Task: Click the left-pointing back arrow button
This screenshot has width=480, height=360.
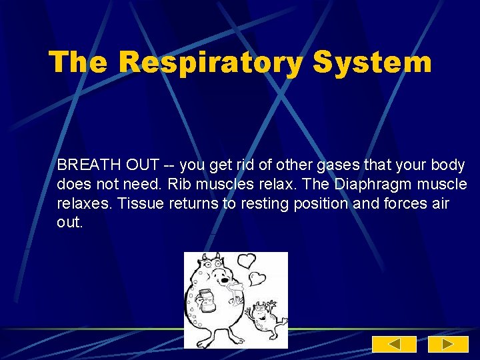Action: point(393,344)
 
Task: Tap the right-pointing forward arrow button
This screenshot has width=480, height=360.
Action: point(447,344)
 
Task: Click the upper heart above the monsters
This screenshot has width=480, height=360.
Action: point(247,260)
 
